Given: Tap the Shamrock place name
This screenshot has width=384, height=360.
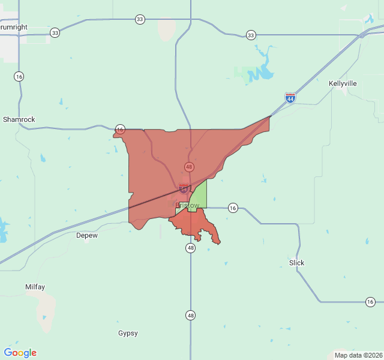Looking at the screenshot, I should [x=19, y=119].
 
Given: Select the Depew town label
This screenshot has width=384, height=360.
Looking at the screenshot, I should [x=87, y=235].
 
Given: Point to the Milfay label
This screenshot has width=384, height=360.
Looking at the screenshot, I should [x=35, y=287].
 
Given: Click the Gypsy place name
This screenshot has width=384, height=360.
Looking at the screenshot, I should [x=128, y=333].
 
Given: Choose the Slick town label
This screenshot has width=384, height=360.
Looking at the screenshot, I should [x=296, y=263].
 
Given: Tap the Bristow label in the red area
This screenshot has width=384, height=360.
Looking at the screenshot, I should [x=187, y=205].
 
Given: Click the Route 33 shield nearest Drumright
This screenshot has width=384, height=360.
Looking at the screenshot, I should [x=55, y=32].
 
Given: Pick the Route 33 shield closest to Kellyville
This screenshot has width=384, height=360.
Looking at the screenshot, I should [x=251, y=35].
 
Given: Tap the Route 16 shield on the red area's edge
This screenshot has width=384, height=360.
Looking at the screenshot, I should [x=120, y=129].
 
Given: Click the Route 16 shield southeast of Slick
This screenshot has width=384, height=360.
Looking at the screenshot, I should [x=370, y=301].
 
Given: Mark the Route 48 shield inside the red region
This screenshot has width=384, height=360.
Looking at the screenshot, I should [x=189, y=167].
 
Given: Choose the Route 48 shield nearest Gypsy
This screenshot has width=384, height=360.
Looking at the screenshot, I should [x=190, y=315].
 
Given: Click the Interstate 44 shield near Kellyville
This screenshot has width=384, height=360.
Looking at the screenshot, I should [x=290, y=97].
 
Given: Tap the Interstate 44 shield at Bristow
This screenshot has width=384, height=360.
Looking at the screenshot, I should [x=184, y=188].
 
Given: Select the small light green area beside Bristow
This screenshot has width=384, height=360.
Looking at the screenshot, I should [x=199, y=196].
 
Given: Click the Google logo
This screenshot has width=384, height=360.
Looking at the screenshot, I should [x=20, y=353].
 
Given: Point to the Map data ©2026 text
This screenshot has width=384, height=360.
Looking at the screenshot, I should [x=358, y=355].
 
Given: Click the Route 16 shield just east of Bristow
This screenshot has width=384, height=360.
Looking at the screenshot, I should [x=233, y=208].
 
